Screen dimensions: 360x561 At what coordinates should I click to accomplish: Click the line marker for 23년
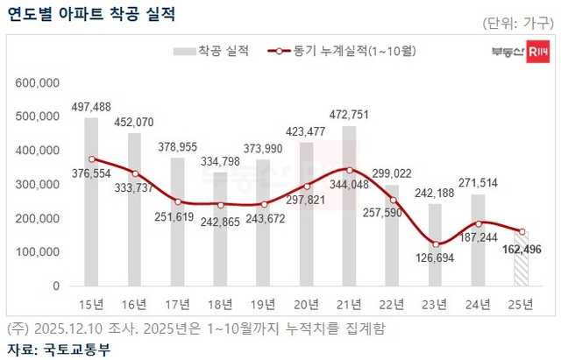tap(435, 244)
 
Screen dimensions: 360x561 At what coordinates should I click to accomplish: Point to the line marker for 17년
tap(177, 201)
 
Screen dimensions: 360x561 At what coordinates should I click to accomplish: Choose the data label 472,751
tap(349, 114)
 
